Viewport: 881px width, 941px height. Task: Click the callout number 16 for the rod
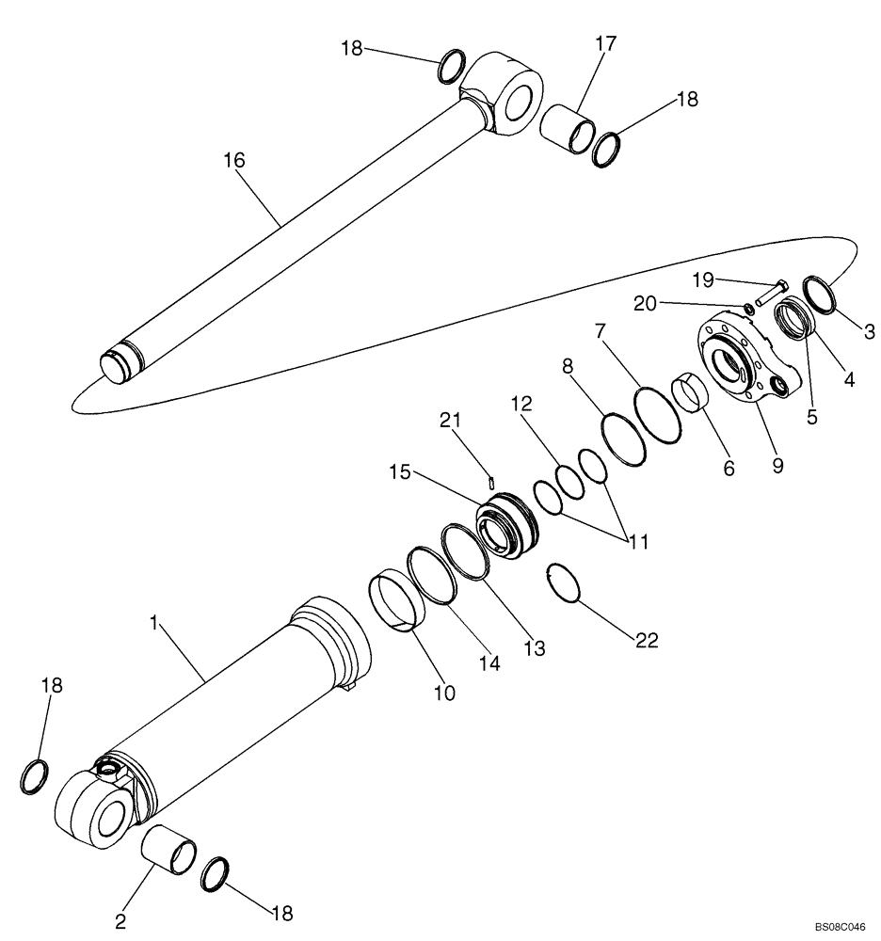pos(233,161)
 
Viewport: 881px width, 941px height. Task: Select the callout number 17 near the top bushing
pos(604,42)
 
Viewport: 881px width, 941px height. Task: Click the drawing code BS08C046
pos(840,926)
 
